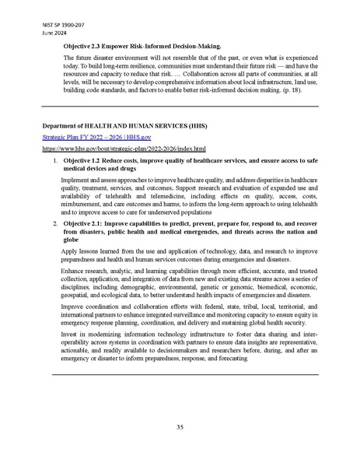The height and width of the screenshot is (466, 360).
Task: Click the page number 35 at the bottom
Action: tap(180, 426)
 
